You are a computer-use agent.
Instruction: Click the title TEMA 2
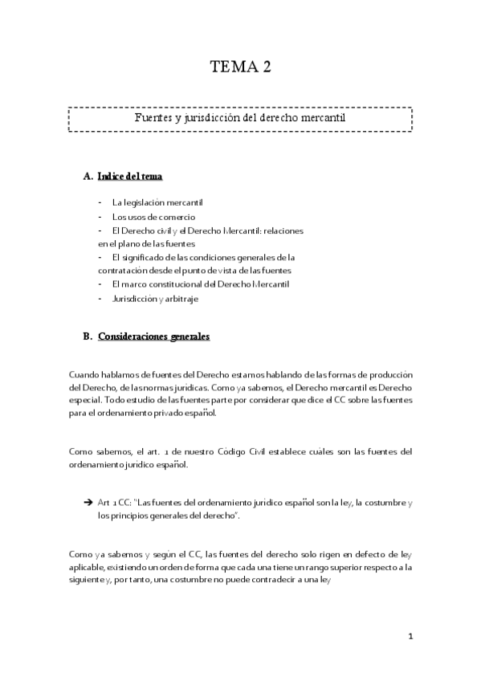click(240, 67)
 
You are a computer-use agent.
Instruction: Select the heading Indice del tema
click(132, 176)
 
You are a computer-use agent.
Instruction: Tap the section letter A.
click(88, 176)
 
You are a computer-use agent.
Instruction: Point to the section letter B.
click(88, 337)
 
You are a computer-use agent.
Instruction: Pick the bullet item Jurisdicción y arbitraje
click(155, 299)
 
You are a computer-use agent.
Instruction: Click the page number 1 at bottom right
click(410, 637)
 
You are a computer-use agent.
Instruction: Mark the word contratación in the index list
click(121, 271)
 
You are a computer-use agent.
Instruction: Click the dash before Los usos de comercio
click(100, 216)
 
